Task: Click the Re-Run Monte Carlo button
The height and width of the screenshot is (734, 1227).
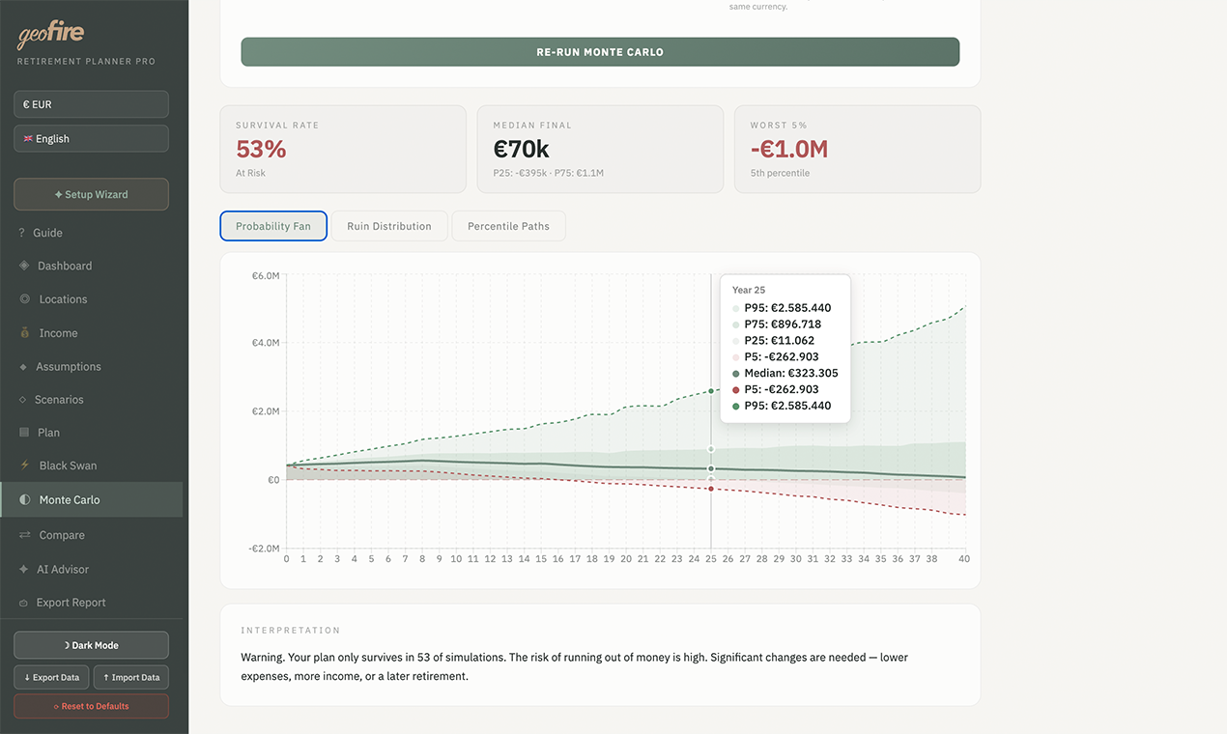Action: (x=600, y=52)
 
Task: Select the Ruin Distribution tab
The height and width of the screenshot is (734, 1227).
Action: (x=389, y=226)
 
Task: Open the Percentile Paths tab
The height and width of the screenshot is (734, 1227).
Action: (x=508, y=226)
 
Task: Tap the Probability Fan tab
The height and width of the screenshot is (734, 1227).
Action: (x=273, y=226)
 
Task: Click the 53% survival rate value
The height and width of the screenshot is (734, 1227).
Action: (x=262, y=150)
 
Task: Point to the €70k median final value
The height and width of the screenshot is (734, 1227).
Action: (x=521, y=150)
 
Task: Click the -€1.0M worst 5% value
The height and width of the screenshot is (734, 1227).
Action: (x=789, y=150)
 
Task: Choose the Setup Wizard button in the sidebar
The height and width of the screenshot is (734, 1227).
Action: (x=91, y=194)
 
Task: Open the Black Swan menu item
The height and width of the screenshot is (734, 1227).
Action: (x=68, y=466)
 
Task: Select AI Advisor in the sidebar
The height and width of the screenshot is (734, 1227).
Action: (x=63, y=570)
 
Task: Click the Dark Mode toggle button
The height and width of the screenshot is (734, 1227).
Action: (x=91, y=645)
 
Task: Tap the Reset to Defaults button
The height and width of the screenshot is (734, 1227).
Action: (x=91, y=706)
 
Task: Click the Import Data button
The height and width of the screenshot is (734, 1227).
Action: (x=130, y=677)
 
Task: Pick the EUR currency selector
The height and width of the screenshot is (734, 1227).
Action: (x=91, y=104)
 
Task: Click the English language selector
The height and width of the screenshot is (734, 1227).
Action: (x=91, y=139)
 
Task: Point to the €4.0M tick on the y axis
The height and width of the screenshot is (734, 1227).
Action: (x=266, y=343)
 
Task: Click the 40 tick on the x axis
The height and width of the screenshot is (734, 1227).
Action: (x=963, y=559)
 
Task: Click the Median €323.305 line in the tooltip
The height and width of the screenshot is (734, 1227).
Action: (x=790, y=373)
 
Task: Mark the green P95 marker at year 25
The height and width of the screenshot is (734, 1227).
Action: (x=711, y=391)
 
